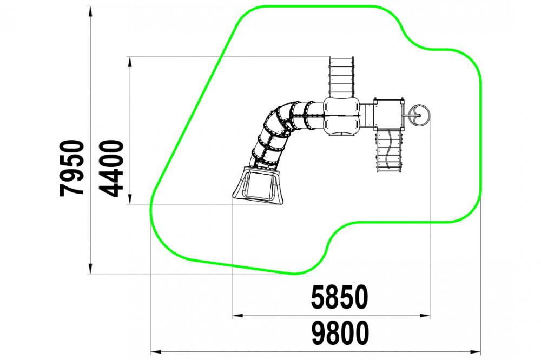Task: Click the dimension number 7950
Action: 72,168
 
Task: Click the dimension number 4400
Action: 111,168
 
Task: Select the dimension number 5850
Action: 340,297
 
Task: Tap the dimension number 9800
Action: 340,333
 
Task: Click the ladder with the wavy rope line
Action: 388,150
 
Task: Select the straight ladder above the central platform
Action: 341,77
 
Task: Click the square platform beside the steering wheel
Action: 388,113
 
